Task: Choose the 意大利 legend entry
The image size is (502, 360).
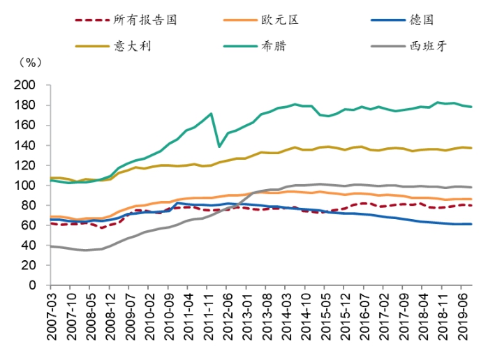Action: [x=133, y=47]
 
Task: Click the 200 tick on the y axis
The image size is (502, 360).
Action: [x=27, y=85]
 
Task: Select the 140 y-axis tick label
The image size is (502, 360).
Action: [x=27, y=145]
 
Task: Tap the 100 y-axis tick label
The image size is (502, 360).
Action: [x=27, y=186]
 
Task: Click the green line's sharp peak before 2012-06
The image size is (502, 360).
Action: [x=211, y=113]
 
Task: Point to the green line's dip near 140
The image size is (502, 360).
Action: [x=220, y=147]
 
